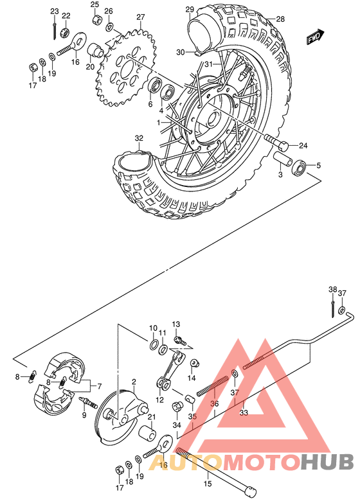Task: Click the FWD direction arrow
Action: (x=314, y=37)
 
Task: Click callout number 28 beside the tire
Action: (x=280, y=19)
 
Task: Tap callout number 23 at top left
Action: (x=54, y=12)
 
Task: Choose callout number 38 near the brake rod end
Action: (x=333, y=289)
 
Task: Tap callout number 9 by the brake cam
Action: (x=84, y=416)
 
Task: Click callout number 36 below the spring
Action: (x=215, y=403)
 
